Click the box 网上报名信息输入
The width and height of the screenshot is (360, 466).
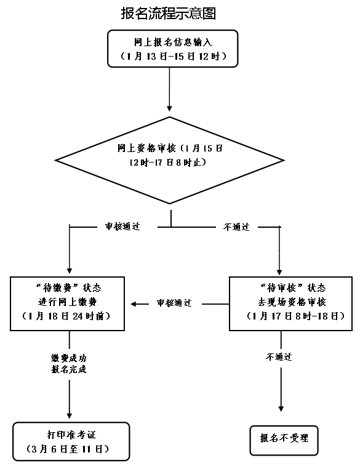tap(168, 49)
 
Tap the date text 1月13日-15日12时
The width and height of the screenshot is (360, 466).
tap(168, 57)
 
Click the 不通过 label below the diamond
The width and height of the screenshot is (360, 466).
tap(236, 227)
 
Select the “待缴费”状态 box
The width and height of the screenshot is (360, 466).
tap(69, 304)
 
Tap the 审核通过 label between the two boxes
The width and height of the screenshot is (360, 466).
tap(174, 303)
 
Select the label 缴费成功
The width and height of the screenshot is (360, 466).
tap(69, 358)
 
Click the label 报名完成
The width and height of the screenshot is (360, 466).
tap(69, 369)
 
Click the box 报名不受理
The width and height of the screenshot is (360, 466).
tap(284, 439)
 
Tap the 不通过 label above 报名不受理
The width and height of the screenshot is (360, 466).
tap(279, 357)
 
